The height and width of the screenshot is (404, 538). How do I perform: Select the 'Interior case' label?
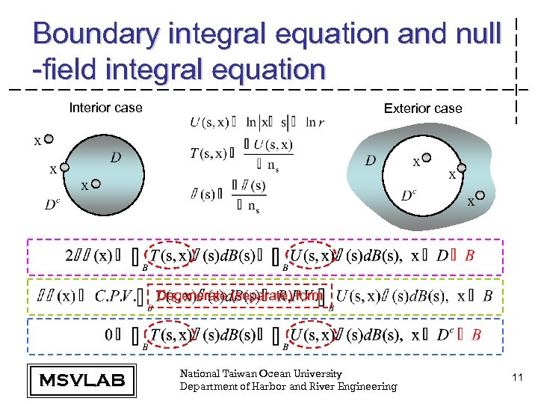[x=105, y=108]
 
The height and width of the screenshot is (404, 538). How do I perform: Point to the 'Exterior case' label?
[x=423, y=108]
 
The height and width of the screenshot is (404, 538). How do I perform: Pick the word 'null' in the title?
[x=474, y=34]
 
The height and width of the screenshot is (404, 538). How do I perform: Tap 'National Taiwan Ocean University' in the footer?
[x=261, y=373]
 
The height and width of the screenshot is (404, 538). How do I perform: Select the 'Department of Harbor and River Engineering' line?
[x=288, y=386]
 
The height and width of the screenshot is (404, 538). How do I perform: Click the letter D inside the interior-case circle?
[x=115, y=158]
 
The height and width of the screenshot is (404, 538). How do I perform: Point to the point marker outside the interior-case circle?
[x=49, y=138]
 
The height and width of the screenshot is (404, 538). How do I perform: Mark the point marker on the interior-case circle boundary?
[x=64, y=168]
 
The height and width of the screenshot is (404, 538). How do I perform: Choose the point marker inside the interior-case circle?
[x=96, y=183]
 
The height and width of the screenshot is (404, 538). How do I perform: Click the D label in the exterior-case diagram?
[x=371, y=161]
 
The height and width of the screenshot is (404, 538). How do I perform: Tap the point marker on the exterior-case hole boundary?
[x=462, y=169]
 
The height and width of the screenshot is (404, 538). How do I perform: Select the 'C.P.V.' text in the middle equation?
[x=115, y=297]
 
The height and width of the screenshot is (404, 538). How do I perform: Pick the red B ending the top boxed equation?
[x=469, y=256]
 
